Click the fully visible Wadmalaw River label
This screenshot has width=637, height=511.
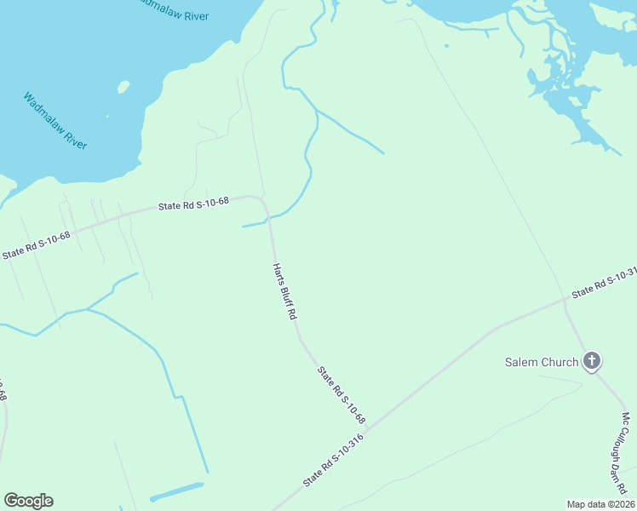(x=55, y=121)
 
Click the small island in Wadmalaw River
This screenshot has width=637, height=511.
(x=123, y=87)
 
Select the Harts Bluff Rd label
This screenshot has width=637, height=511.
(x=284, y=290)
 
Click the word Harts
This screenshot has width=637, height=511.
(x=277, y=272)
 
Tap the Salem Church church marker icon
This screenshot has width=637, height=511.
(x=592, y=361)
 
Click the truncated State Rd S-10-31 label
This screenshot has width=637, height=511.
(x=605, y=284)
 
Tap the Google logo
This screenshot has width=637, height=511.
(x=28, y=501)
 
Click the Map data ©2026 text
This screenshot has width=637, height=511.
(x=600, y=503)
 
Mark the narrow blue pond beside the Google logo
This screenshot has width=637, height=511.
(x=177, y=491)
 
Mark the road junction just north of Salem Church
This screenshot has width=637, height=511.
(x=565, y=299)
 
